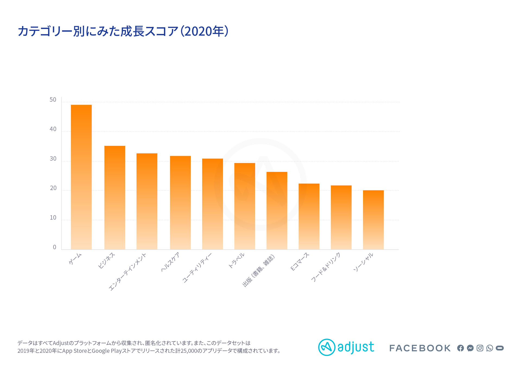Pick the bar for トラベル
pyautogui.click(x=244, y=206)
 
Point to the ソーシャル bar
pyautogui.click(x=373, y=220)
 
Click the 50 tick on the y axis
pyautogui.click(x=53, y=100)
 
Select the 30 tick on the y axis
pyautogui.click(x=53, y=159)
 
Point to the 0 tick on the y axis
pyautogui.click(x=55, y=247)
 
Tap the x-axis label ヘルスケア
pyautogui.click(x=170, y=262)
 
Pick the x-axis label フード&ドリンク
pyautogui.click(x=325, y=267)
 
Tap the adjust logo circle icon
pyautogui.click(x=327, y=347)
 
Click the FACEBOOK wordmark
pyautogui.click(x=420, y=348)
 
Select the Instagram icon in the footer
pyautogui.click(x=480, y=348)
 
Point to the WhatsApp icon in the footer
pyautogui.click(x=490, y=348)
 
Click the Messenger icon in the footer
pyautogui.click(x=470, y=348)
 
